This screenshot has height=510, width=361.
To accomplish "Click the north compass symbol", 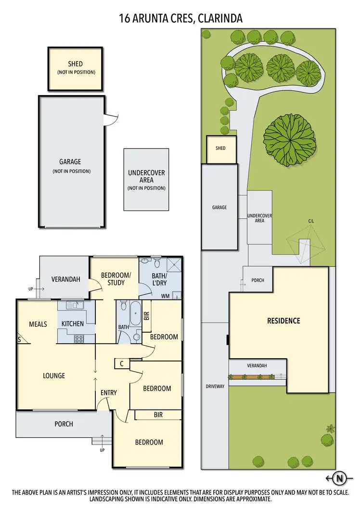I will pyautogui.click(x=340, y=478).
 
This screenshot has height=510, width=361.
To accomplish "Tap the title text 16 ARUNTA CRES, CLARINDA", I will pyautogui.click(x=180, y=18).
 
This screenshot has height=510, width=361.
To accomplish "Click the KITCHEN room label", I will pyautogui.click(x=73, y=324).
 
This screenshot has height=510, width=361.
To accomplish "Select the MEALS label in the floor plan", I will pyautogui.click(x=38, y=324).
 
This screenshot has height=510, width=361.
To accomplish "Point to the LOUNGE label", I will pyautogui.click(x=54, y=375).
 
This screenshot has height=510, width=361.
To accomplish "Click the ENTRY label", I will pyautogui.click(x=109, y=393).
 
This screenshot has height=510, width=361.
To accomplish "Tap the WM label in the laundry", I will pyautogui.click(x=166, y=296).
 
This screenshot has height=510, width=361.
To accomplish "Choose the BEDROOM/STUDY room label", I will pyautogui.click(x=116, y=279).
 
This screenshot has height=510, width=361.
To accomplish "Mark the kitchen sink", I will pyautogui.click(x=71, y=305).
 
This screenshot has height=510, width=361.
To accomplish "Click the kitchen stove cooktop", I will pyautogui.click(x=79, y=338).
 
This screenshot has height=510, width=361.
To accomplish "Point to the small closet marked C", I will pyautogui.click(x=122, y=364).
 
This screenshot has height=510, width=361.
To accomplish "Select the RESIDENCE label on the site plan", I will pyautogui.click(x=284, y=321).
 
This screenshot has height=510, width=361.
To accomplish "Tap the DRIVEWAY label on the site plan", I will pyautogui.click(x=215, y=386).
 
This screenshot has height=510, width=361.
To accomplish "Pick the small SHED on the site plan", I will pyautogui.click(x=220, y=149).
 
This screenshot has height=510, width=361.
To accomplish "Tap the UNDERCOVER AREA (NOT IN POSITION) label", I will pyautogui.click(x=147, y=180).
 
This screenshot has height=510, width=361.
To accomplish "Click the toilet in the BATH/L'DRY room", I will pyautogui.click(x=156, y=264).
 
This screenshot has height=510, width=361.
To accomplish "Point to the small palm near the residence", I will pyautogui.click(x=330, y=428).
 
